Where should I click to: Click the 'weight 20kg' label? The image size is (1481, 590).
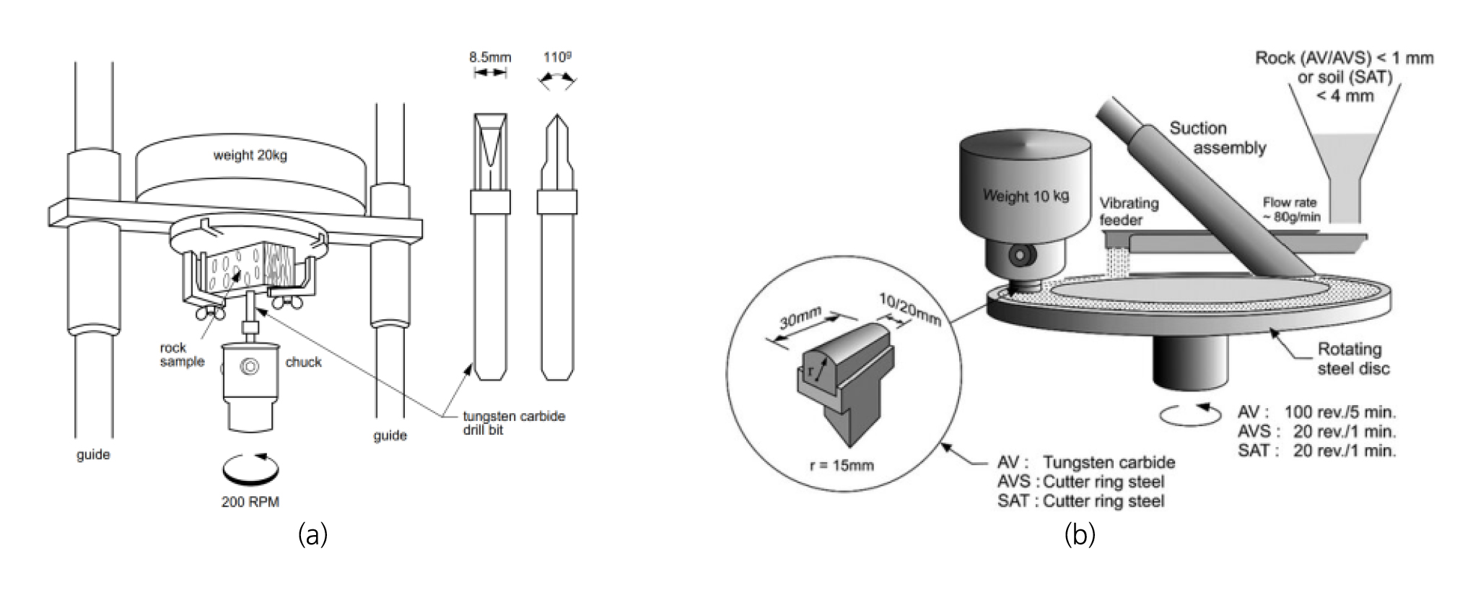(250, 155)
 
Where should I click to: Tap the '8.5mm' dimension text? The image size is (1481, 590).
(490, 57)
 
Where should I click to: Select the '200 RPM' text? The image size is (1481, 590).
(250, 502)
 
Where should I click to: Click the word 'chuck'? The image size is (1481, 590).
(303, 362)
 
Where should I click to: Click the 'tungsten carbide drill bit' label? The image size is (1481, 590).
(513, 423)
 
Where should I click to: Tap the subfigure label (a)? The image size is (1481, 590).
(313, 535)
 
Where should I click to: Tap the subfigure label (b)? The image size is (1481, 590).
(1080, 535)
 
